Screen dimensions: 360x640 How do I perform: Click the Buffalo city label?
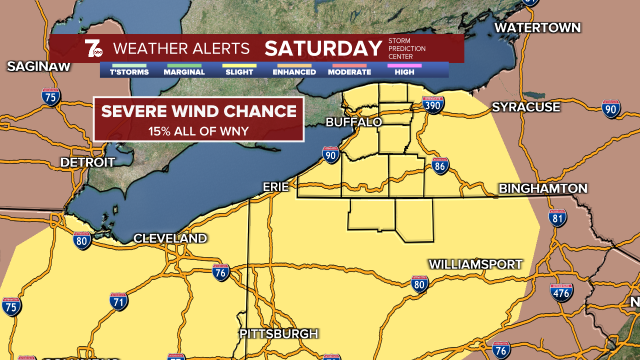point(353,122)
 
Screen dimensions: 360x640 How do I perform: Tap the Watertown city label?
point(537,28)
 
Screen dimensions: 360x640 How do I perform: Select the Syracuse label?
point(525,107)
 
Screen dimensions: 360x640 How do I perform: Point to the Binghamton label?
point(542,188)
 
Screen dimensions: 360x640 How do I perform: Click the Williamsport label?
point(475,264)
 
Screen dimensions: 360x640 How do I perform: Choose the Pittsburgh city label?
point(278,334)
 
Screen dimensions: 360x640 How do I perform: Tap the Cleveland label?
point(170,238)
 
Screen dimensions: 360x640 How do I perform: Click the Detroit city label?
point(87,162)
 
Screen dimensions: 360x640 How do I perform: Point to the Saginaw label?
point(38,66)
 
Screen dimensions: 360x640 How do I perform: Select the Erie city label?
point(276,187)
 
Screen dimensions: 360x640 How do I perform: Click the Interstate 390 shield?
point(433,105)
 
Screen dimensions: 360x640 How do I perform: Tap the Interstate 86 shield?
point(440,166)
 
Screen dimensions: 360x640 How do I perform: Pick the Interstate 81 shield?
point(557,218)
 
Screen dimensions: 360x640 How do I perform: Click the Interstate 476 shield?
point(561,292)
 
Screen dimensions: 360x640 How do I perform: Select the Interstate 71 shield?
point(118,301)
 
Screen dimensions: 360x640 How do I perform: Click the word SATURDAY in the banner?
point(323,48)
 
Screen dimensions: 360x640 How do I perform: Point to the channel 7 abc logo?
point(93,48)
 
